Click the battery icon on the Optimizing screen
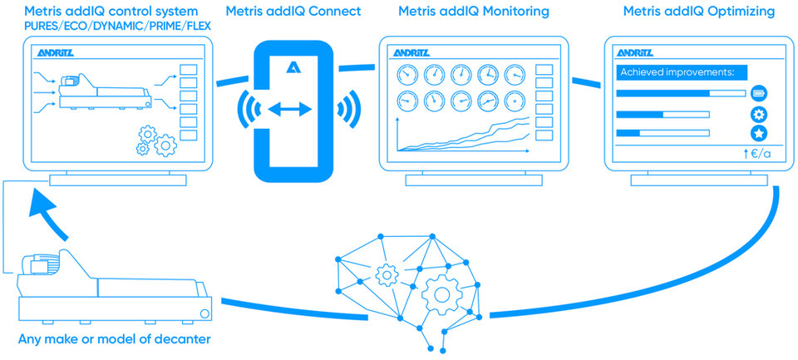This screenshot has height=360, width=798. [759, 93]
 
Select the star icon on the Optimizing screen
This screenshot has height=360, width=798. [759, 133]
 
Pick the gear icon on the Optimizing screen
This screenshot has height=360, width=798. [759, 114]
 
